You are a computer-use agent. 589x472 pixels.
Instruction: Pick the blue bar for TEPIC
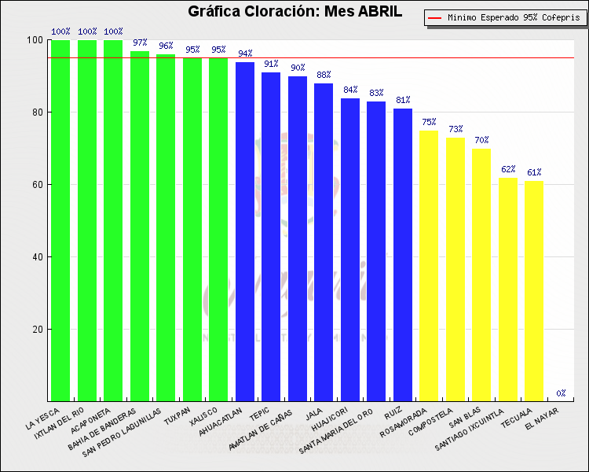(271, 237)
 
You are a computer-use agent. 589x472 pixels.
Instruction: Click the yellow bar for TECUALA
(534, 291)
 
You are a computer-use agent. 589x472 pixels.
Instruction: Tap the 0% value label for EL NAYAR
(561, 393)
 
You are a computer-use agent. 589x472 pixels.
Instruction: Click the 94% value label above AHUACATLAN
(245, 53)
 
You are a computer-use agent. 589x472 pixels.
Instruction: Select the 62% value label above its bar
(508, 169)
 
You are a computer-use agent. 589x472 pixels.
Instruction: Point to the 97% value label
(140, 42)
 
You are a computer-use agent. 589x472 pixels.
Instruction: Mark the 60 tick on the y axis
(37, 185)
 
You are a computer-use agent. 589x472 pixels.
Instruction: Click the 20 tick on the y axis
(37, 330)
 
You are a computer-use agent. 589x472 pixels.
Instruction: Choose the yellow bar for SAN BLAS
(481, 275)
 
